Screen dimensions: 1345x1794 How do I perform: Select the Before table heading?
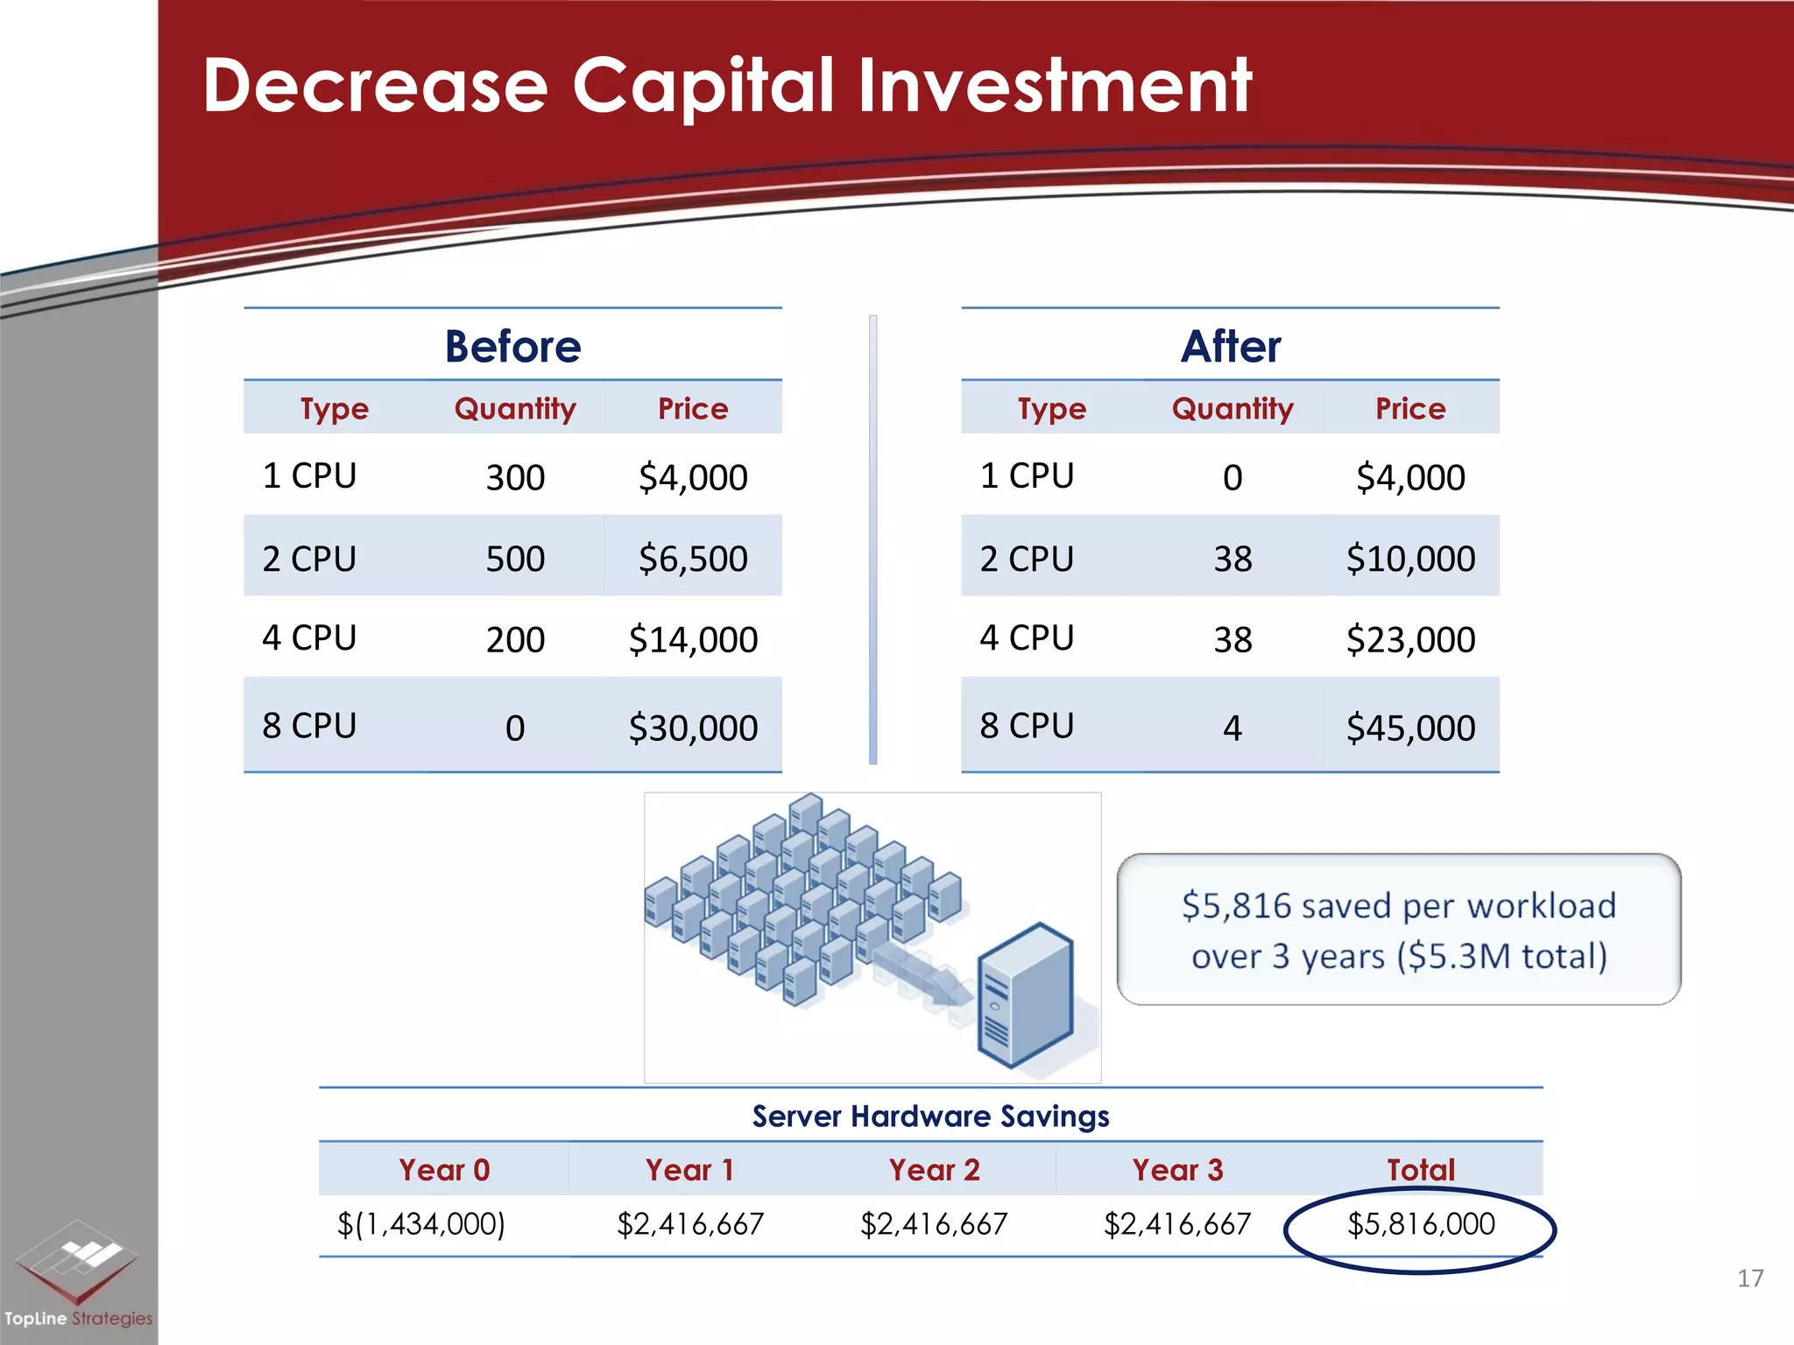512,346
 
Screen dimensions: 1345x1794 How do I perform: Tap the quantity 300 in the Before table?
515,477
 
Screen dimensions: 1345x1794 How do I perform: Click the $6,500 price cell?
693,559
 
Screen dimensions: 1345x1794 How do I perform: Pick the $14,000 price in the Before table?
693,639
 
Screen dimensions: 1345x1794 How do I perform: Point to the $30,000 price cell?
693,728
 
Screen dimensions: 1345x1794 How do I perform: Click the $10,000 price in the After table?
1410,559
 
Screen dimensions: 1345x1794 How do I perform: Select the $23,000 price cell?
1410,639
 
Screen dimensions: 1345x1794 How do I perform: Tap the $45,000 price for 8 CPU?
1410,728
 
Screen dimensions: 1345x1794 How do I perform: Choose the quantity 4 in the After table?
1232,728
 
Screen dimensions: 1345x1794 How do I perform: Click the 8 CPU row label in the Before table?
309,726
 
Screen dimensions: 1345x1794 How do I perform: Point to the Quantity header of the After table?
1232,408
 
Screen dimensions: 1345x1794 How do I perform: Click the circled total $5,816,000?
1420,1224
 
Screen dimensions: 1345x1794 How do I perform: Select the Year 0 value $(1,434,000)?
421,1224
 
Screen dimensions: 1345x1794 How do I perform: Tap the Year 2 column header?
934,1170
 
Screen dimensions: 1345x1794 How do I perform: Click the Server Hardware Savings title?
930,1116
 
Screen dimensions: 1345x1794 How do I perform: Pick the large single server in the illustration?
1025,996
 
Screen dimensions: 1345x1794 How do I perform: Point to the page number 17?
1749,1278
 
